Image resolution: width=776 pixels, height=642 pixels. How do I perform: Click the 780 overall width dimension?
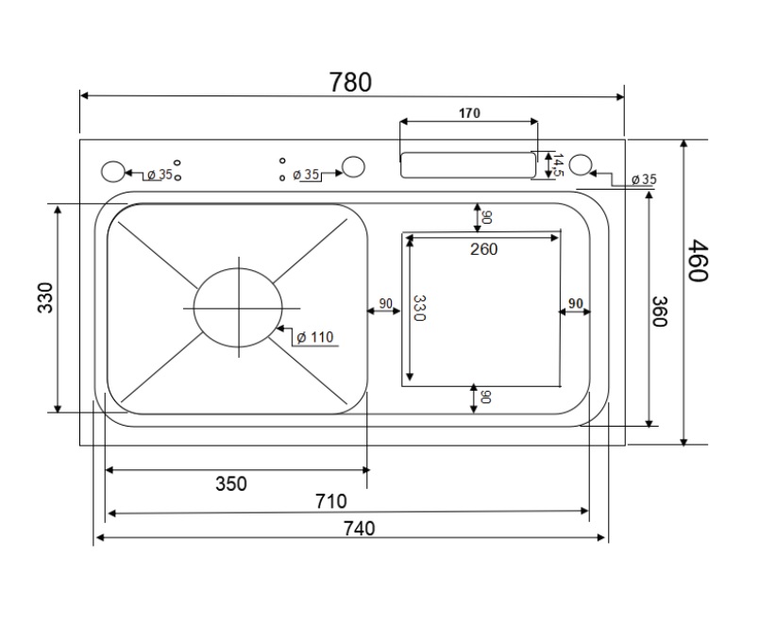350,83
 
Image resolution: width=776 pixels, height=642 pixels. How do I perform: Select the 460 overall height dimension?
697,261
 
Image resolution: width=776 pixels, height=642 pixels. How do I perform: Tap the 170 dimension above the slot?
469,113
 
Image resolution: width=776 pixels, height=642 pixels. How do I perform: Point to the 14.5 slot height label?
557,165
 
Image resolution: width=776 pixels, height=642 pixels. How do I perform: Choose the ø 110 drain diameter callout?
314,337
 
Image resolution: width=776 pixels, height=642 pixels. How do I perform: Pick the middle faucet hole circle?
353,167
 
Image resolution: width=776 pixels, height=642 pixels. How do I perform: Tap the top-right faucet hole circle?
581,164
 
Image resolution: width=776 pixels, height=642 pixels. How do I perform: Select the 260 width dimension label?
483,249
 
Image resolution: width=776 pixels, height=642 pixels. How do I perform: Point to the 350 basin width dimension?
230,484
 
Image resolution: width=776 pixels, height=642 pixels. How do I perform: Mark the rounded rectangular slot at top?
466,164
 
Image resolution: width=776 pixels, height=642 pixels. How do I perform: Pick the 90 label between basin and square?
385,304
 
